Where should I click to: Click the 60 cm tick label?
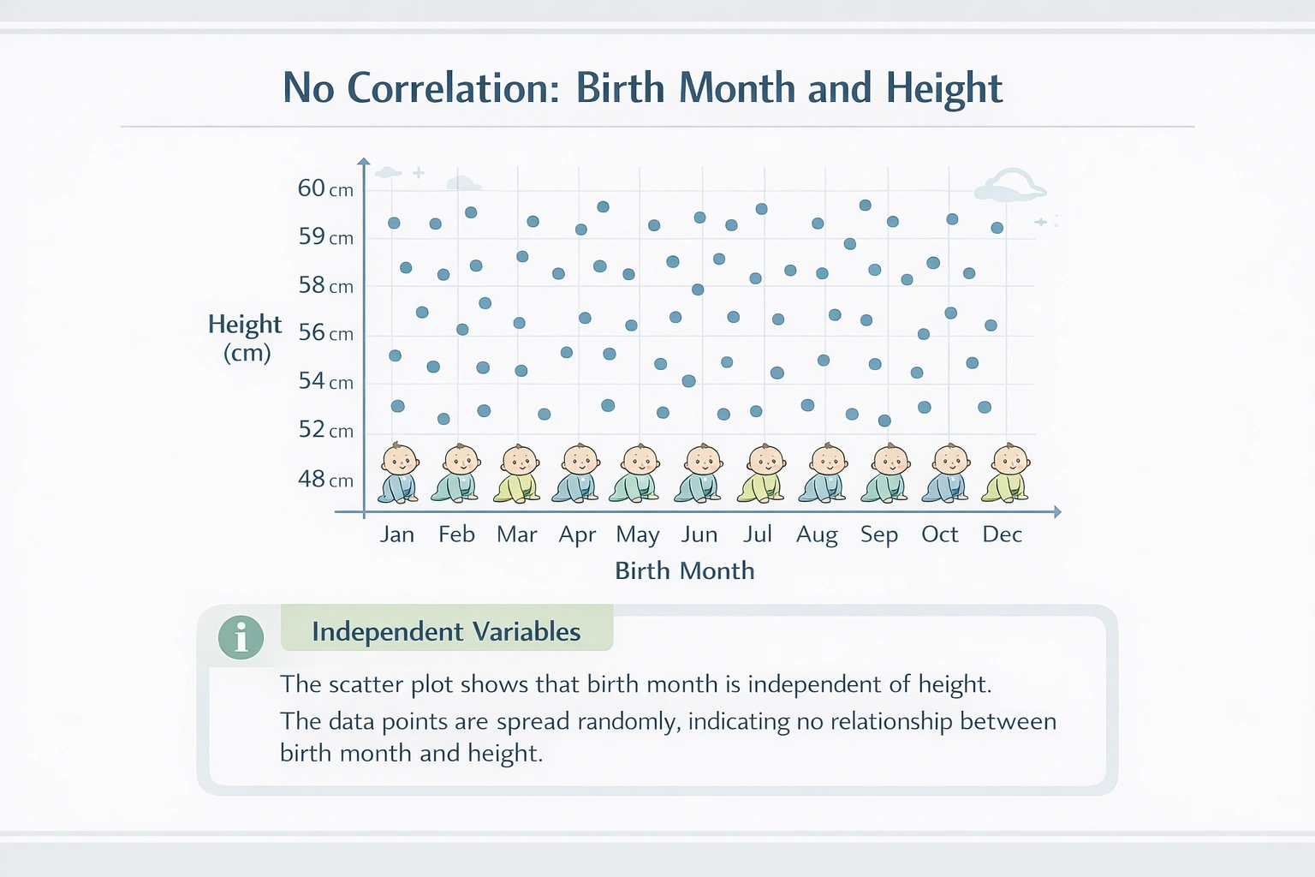[324, 188]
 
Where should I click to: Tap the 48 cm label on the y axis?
[324, 480]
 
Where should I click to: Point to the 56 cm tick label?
[324, 333]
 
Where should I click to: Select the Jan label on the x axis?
[396, 534]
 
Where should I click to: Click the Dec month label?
[1002, 534]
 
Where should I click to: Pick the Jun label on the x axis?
[699, 534]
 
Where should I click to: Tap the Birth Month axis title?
[684, 570]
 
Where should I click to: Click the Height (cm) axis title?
[245, 337]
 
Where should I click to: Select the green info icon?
[241, 637]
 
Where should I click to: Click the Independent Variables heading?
[446, 632]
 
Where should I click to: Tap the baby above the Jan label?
[399, 473]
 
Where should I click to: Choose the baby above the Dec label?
[1007, 473]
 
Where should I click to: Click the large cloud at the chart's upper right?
[1010, 185]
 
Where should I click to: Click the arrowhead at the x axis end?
[1057, 512]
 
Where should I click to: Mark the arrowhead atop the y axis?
[364, 161]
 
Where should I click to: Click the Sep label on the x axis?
[878, 534]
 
